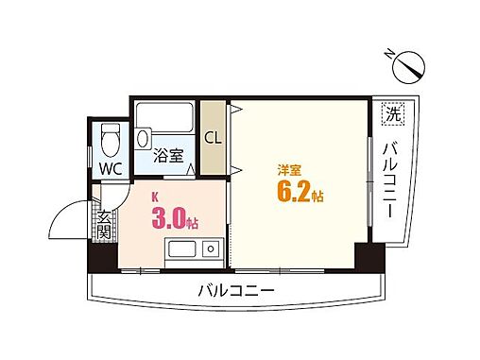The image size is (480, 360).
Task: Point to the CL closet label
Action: coord(213,136)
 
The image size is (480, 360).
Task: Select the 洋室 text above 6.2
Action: coord(288,170)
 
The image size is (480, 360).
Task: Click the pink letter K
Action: coord(157,198)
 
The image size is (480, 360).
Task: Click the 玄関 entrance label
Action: coord(102,226)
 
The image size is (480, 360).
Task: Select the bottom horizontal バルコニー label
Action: coord(236,290)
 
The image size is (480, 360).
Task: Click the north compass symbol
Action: coord(412,65)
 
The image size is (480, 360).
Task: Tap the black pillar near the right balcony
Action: coord(364,255)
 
